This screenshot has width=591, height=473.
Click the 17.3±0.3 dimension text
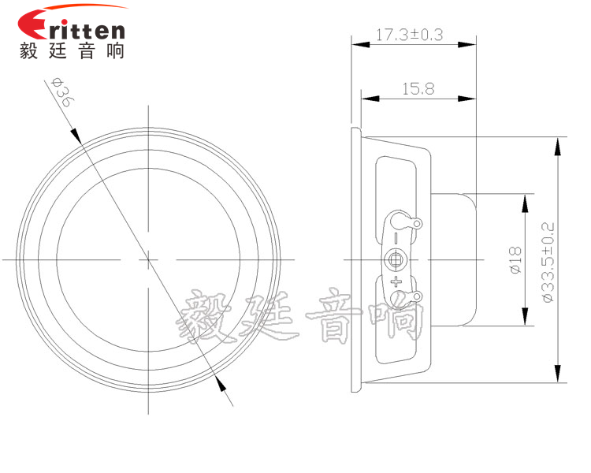coord(409,35)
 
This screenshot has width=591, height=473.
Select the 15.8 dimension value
coord(418,89)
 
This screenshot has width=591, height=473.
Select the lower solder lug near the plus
coord(405,296)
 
